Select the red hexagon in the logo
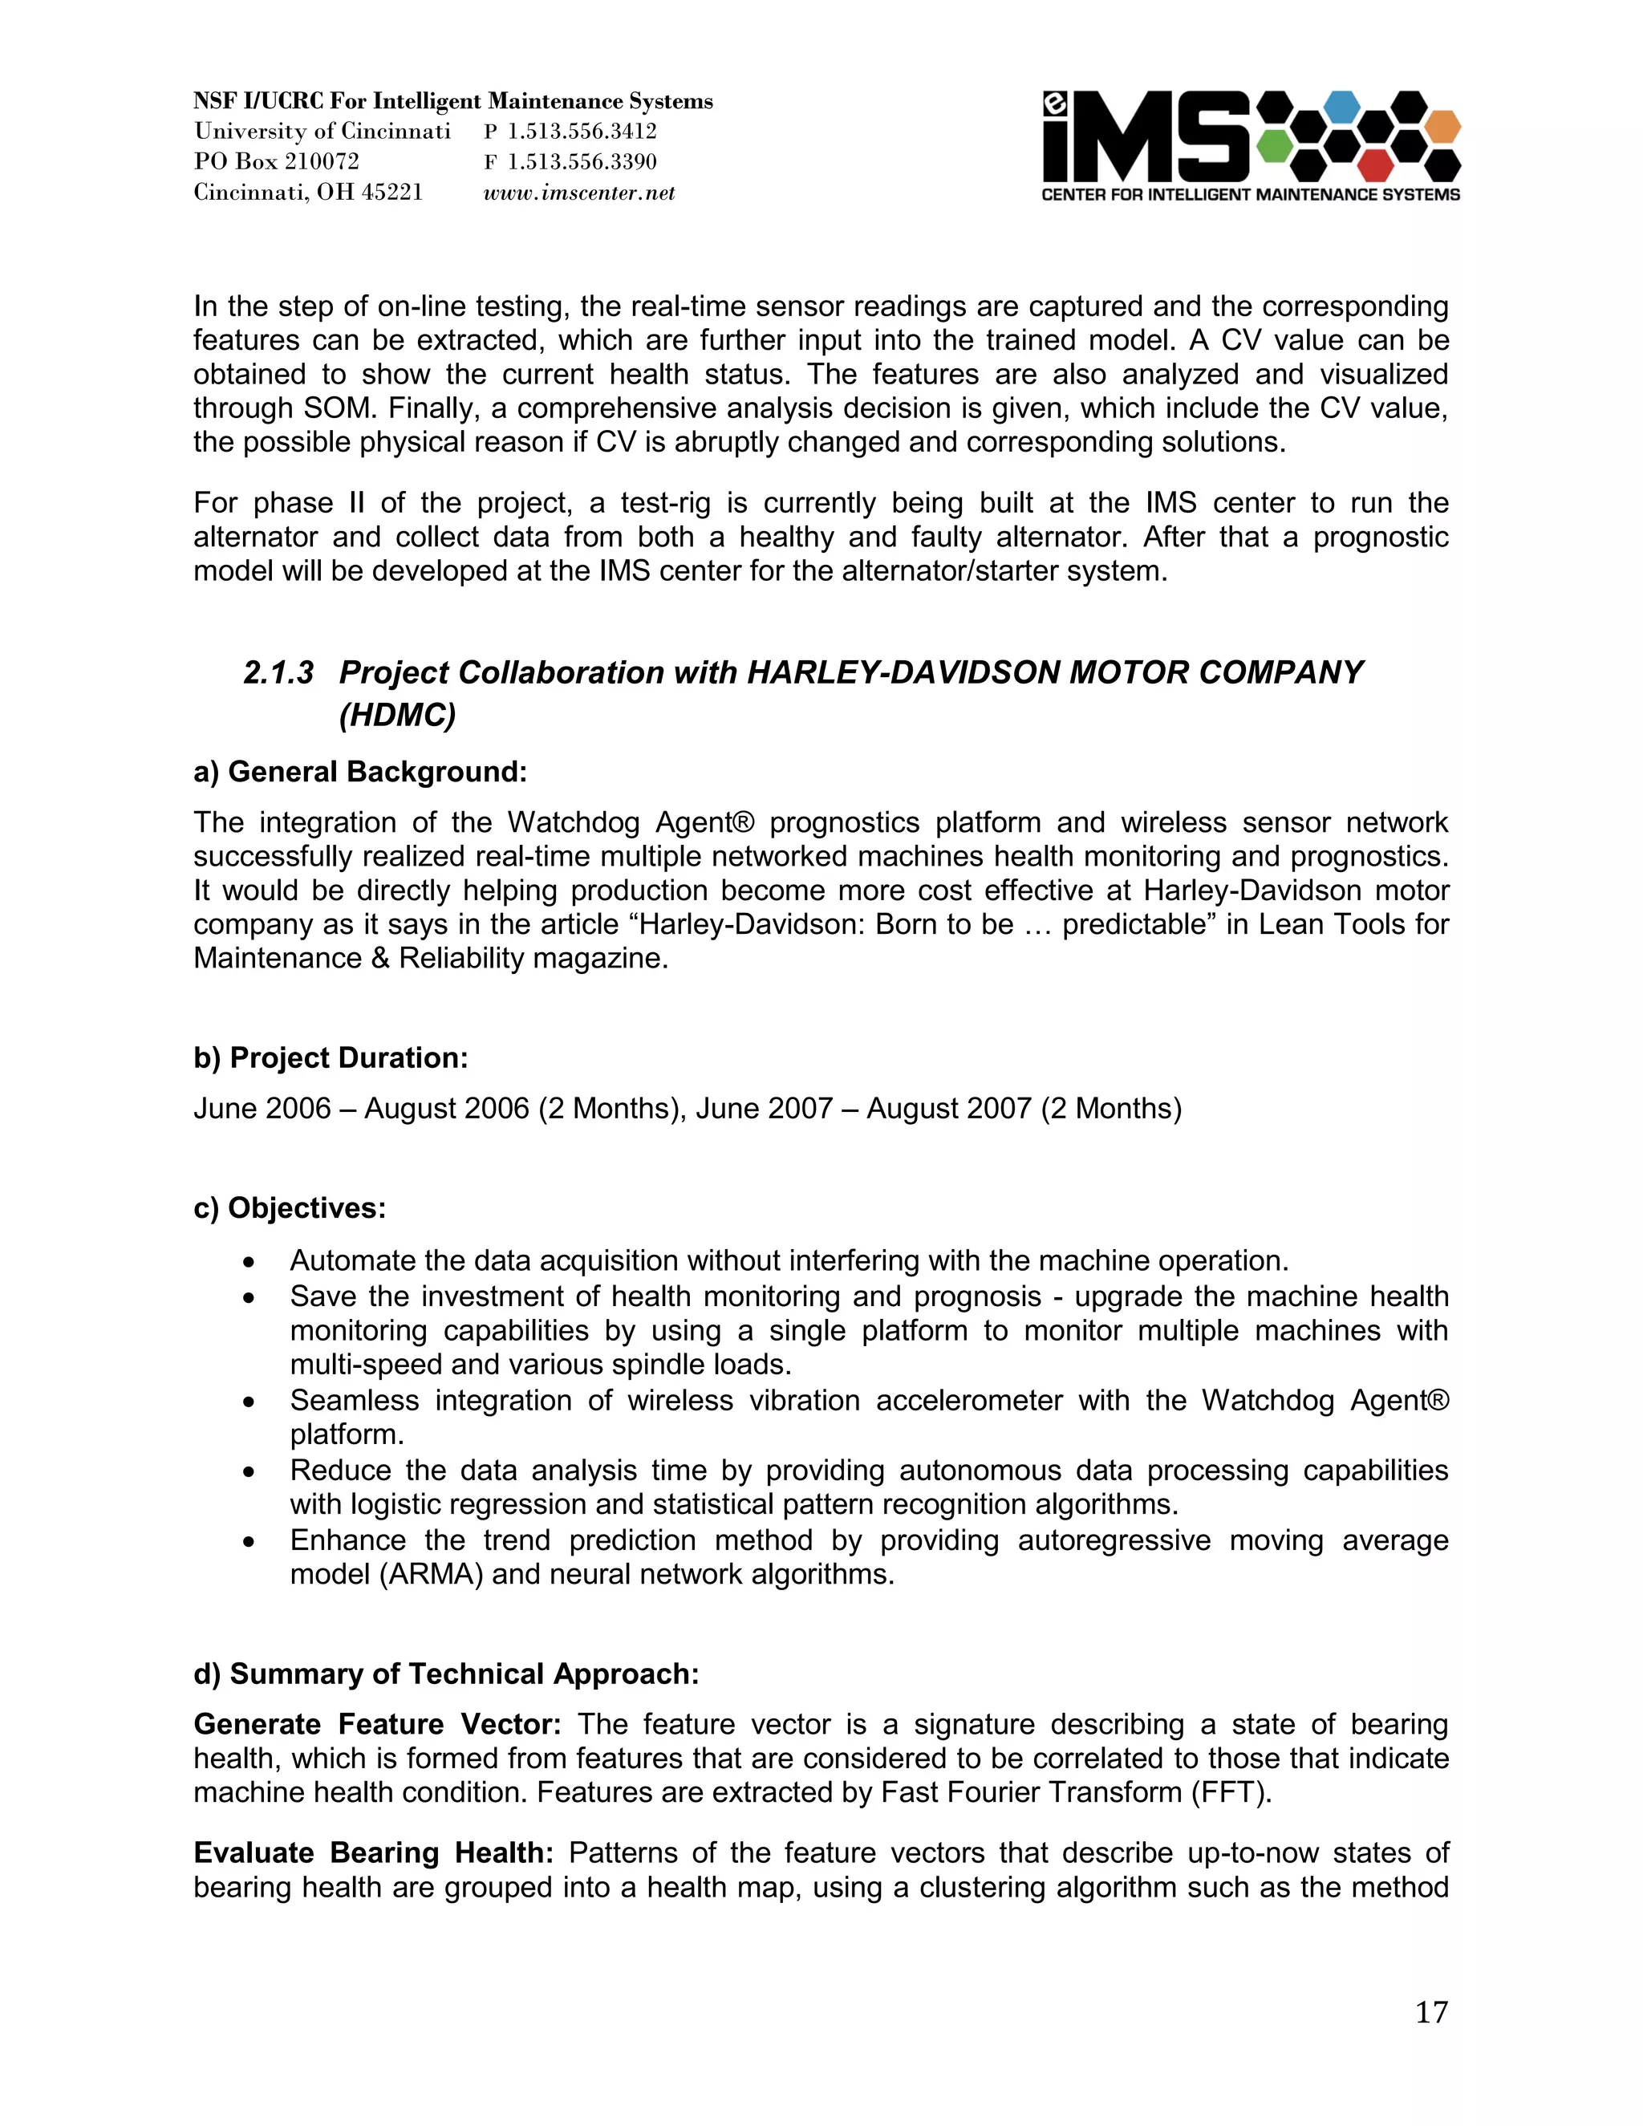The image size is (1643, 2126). coord(1375,165)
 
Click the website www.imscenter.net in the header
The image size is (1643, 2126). coord(579,193)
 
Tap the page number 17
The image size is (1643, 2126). coord(1431,2012)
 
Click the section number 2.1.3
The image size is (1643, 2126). coord(278,672)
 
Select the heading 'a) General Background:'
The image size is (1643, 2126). coord(360,772)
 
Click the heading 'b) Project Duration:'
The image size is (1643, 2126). coord(331,1058)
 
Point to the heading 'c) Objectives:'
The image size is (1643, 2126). coord(290,1208)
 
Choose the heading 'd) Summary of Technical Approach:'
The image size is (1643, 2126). coord(447,1674)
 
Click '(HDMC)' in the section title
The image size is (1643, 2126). coord(397,716)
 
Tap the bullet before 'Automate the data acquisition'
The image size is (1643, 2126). coord(250,1263)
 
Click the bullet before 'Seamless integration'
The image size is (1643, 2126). coord(250,1402)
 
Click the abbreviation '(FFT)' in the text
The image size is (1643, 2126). coord(1231,1792)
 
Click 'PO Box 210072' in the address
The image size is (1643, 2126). coord(277,161)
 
